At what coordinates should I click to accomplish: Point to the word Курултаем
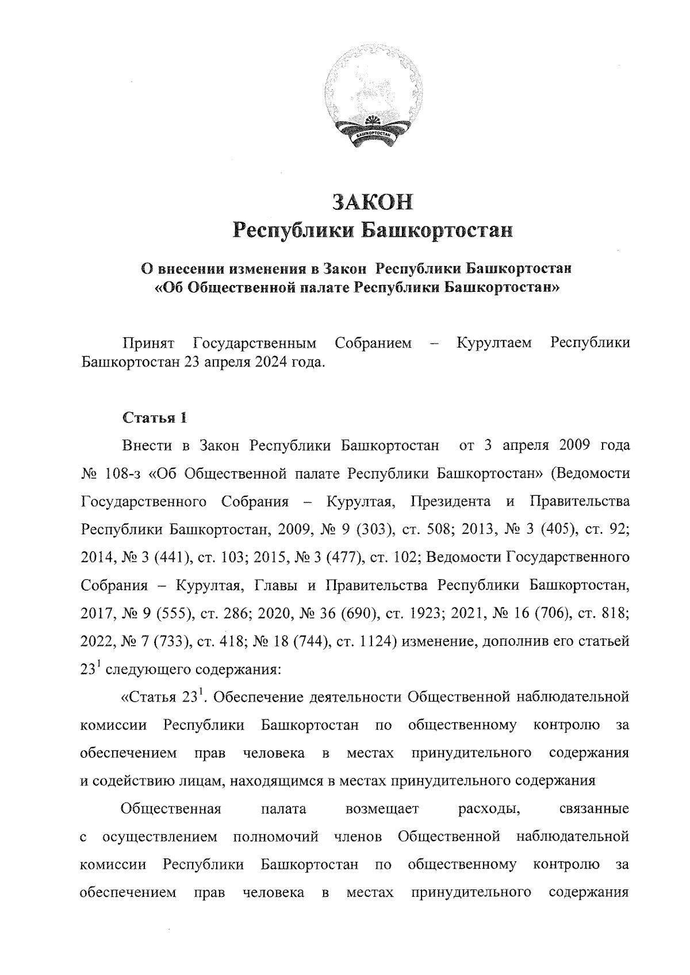(x=494, y=344)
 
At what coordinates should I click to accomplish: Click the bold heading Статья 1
(x=154, y=418)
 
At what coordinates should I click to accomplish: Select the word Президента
(x=451, y=502)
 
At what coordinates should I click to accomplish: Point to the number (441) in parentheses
(x=166, y=557)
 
